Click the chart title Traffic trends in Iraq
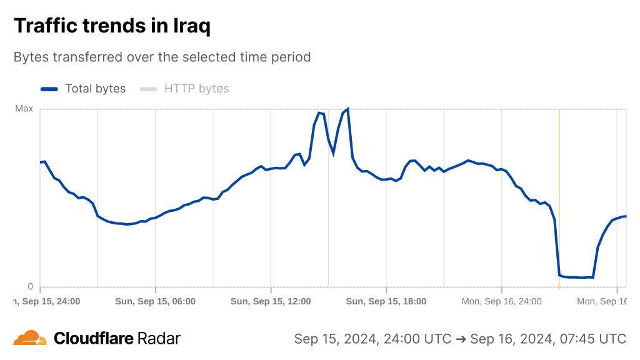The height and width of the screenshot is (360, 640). click(112, 26)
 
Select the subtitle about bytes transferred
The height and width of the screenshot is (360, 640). click(162, 57)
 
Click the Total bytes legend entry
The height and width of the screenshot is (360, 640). click(95, 89)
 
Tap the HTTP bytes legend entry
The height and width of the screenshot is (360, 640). click(196, 89)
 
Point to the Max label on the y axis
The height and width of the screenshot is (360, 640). click(24, 109)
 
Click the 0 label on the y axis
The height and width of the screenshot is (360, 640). click(30, 287)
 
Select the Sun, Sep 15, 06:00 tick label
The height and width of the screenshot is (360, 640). click(156, 301)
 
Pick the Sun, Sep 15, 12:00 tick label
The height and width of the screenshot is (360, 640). click(271, 301)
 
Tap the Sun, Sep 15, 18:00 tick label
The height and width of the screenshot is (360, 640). click(386, 301)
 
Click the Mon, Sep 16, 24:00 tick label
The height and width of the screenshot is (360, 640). click(501, 301)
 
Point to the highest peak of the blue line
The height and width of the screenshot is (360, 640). click(347, 109)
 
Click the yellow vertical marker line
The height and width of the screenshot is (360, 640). click(559, 187)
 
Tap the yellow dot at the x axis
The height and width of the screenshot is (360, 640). click(559, 287)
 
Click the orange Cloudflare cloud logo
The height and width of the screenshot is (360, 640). click(30, 338)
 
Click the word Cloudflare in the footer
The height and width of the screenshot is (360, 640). click(94, 339)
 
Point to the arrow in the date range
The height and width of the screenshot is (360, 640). click(461, 339)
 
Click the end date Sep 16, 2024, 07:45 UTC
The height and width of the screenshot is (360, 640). click(548, 339)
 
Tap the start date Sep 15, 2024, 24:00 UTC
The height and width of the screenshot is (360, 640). click(372, 339)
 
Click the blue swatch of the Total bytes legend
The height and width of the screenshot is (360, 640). click(49, 89)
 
